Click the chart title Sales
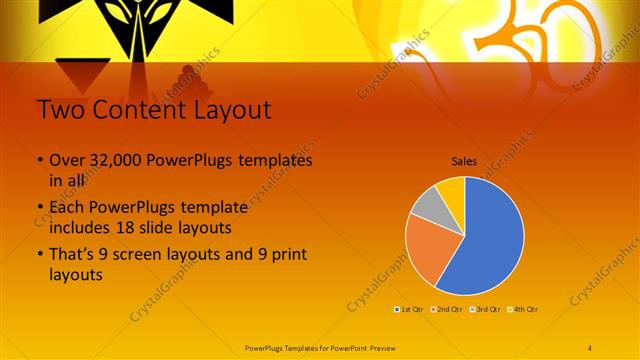point(463,160)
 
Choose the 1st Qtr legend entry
point(408,309)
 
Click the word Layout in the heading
point(225,109)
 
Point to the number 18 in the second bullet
point(154,227)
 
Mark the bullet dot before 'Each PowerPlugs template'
point(39,208)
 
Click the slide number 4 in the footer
point(590,346)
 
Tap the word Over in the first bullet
point(67,160)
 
